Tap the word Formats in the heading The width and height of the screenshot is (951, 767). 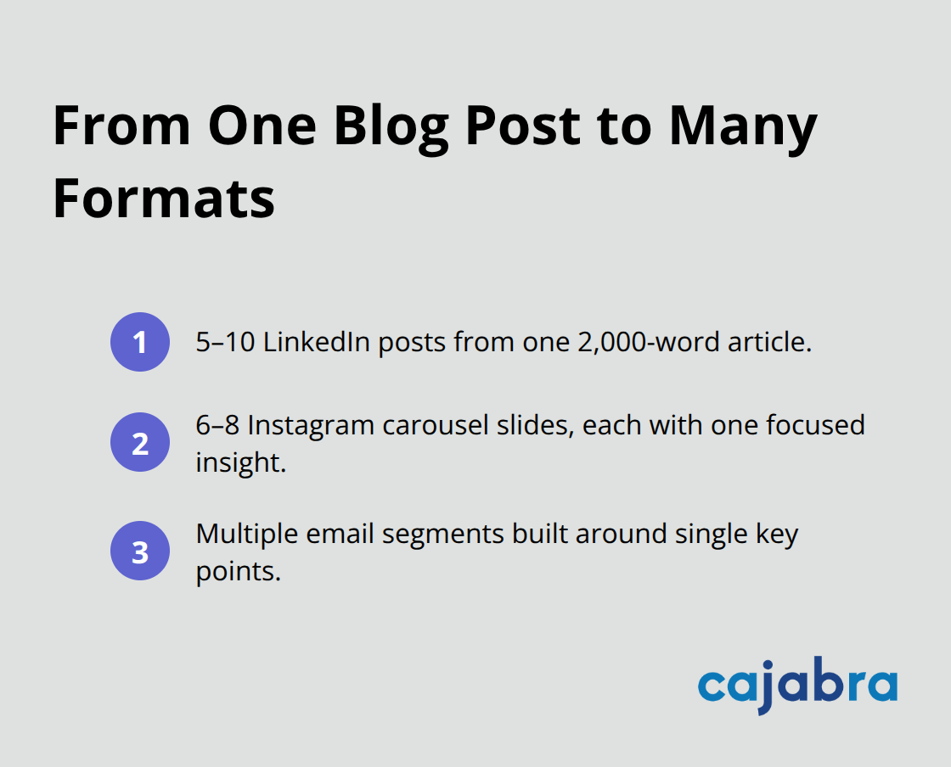(164, 199)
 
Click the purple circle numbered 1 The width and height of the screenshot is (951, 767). (140, 342)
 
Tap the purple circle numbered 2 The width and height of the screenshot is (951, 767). (140, 442)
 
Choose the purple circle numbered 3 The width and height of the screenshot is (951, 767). (140, 551)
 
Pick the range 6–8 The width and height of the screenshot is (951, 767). (217, 423)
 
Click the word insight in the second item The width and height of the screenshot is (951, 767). (238, 462)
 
